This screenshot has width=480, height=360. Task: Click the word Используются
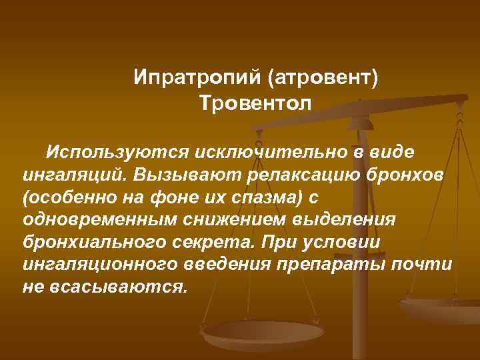(x=117, y=151)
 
